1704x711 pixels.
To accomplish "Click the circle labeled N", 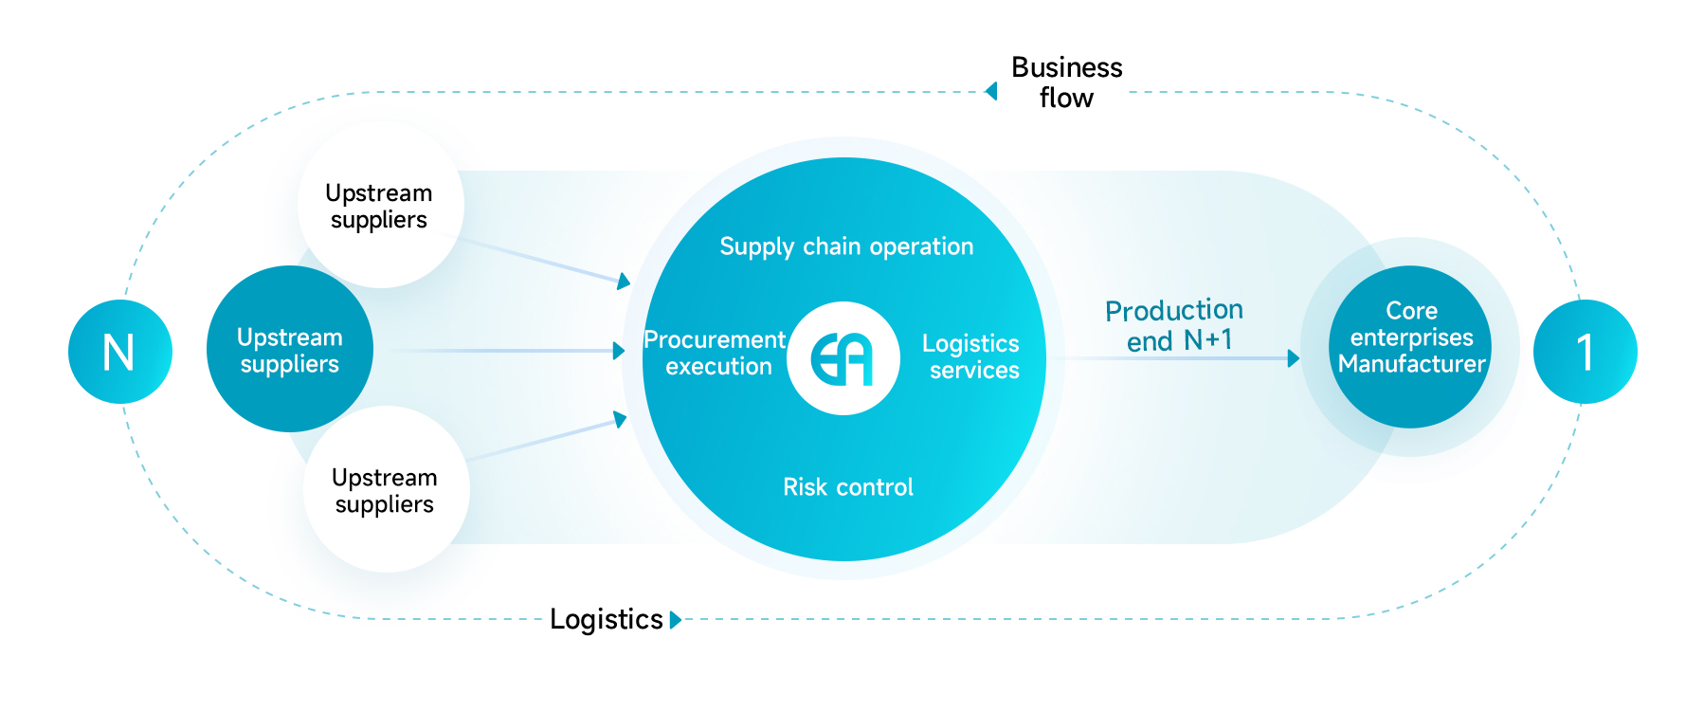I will [x=120, y=352].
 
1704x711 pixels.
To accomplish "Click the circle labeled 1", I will [x=1585, y=352].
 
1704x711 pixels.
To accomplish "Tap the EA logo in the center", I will [x=843, y=358].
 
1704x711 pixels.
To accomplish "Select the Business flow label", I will [x=1066, y=82].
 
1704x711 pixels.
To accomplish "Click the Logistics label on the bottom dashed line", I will [x=607, y=619].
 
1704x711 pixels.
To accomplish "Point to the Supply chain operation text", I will [x=846, y=246].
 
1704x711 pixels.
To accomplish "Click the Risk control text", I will [x=847, y=487].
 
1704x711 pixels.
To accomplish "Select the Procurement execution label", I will [x=716, y=353].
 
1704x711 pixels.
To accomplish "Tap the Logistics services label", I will [x=971, y=356].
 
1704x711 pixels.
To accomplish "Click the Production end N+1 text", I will [x=1175, y=325].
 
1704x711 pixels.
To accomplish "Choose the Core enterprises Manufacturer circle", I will [x=1410, y=347].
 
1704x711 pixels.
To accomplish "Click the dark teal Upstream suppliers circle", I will [x=290, y=349].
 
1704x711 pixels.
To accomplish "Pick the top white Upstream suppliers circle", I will [x=380, y=206].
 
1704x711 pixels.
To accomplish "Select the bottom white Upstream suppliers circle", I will [x=386, y=490].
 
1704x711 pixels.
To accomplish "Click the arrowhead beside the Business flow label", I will [x=991, y=91].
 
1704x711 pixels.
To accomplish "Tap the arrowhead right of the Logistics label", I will [x=675, y=620].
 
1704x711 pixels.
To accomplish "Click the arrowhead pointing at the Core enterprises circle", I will [x=1293, y=358].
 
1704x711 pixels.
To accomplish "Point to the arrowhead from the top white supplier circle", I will [x=624, y=281].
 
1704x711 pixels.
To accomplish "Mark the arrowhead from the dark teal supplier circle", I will [x=619, y=351].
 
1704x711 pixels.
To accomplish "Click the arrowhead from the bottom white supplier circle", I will [x=621, y=419].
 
